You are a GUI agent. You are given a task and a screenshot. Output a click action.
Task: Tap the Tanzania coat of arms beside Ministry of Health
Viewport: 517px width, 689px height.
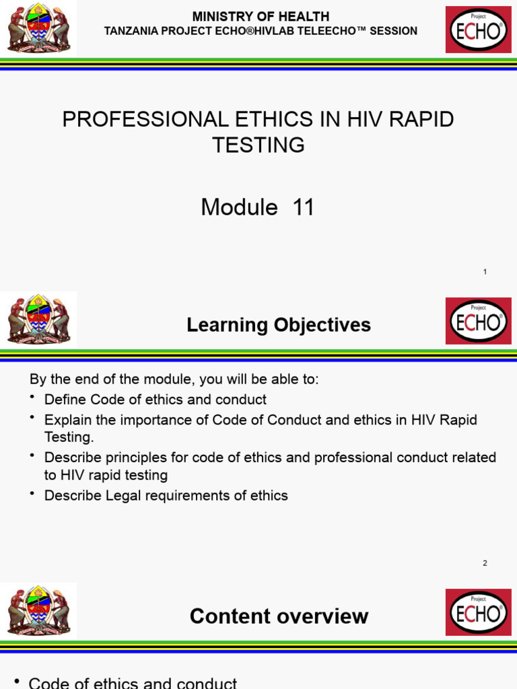(38, 30)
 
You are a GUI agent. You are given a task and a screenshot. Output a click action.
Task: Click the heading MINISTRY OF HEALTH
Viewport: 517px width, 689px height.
(261, 16)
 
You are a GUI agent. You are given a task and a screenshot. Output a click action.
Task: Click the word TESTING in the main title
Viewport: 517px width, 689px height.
(258, 145)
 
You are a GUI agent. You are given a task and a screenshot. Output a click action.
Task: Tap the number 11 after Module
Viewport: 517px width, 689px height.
(304, 207)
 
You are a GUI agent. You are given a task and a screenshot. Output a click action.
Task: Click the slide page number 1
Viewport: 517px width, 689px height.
(485, 272)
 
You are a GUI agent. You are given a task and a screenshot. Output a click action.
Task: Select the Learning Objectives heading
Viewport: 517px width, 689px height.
(278, 325)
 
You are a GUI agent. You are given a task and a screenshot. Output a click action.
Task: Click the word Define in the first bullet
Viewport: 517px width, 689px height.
(65, 400)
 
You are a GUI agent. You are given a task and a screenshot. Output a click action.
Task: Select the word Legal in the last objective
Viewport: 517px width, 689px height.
(116, 496)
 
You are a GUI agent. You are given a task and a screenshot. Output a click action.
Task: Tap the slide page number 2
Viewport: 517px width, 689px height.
(485, 563)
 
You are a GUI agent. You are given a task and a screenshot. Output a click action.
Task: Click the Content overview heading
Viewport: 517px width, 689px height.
(279, 616)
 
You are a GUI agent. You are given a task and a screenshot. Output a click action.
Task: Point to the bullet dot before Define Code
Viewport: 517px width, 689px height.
(33, 398)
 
